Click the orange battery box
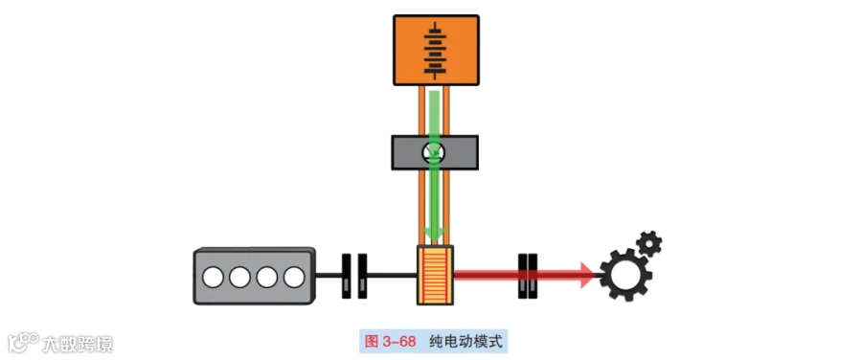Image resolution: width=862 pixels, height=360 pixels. [436, 50]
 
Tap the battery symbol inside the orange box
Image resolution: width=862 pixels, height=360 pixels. [436, 50]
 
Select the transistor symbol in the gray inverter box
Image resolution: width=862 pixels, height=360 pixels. [434, 152]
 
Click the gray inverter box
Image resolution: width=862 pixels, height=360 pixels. [434, 152]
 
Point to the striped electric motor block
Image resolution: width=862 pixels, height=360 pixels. [436, 275]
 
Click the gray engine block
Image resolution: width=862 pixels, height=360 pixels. [255, 276]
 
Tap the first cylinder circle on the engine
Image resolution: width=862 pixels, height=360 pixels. [213, 278]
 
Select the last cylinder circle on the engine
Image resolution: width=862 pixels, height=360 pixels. [294, 278]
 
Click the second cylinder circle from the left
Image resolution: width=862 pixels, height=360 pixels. [239, 278]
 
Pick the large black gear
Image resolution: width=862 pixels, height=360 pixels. [625, 275]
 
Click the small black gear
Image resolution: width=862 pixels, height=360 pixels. [648, 242]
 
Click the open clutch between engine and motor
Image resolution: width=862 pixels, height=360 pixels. [354, 276]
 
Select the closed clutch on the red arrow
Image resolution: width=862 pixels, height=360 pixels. [528, 276]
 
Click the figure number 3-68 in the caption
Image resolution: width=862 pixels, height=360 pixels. [398, 342]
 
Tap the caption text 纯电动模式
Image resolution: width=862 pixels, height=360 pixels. [466, 342]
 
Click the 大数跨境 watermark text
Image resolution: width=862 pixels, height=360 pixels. [78, 345]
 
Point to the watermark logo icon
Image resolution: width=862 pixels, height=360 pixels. [23, 342]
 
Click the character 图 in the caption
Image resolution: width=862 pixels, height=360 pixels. [371, 342]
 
